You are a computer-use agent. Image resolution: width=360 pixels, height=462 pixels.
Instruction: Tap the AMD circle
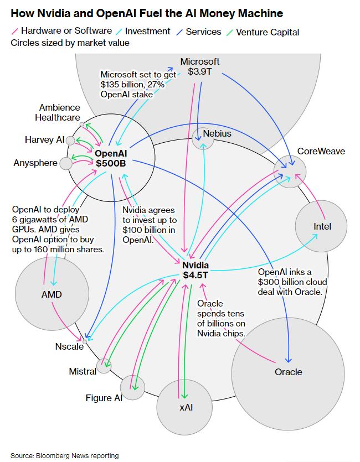(51, 294)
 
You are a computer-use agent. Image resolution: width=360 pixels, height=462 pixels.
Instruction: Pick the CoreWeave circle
(290, 171)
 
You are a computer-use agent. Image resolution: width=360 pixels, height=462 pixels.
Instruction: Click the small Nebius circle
(203, 138)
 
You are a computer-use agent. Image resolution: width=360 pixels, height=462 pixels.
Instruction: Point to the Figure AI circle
(132, 387)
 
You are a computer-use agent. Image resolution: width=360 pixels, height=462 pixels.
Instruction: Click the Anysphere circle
(66, 163)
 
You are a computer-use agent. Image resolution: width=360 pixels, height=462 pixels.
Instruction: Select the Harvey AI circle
(70, 141)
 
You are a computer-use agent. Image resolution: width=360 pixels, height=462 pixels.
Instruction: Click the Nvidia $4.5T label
(196, 270)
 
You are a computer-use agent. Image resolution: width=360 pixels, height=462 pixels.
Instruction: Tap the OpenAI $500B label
(110, 159)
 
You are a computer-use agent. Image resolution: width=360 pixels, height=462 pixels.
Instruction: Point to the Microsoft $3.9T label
(200, 67)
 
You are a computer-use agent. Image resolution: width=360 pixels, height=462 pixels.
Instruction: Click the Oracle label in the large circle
(288, 371)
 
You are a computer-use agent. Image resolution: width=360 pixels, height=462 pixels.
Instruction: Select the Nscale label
(69, 346)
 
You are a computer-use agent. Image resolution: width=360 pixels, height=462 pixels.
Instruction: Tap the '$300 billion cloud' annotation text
(289, 282)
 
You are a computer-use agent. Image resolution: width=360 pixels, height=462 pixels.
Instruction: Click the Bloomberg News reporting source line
(64, 455)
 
